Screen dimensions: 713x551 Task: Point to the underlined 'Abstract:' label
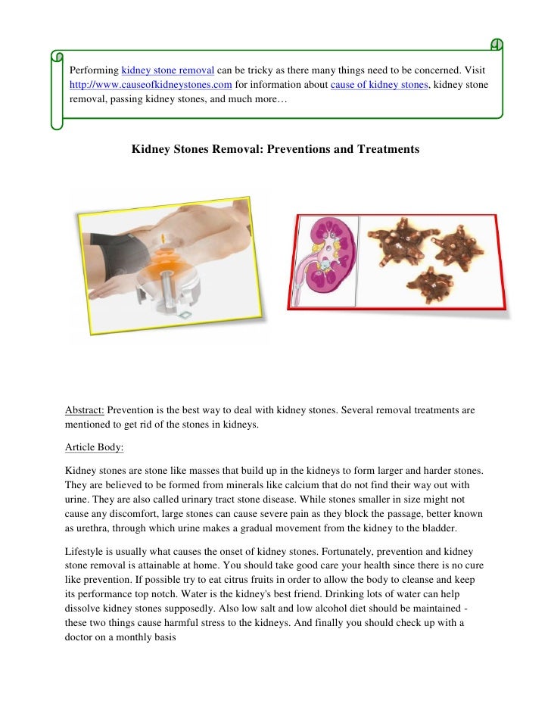pyautogui.click(x=85, y=410)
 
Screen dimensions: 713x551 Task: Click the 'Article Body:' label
pyautogui.click(x=94, y=447)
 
